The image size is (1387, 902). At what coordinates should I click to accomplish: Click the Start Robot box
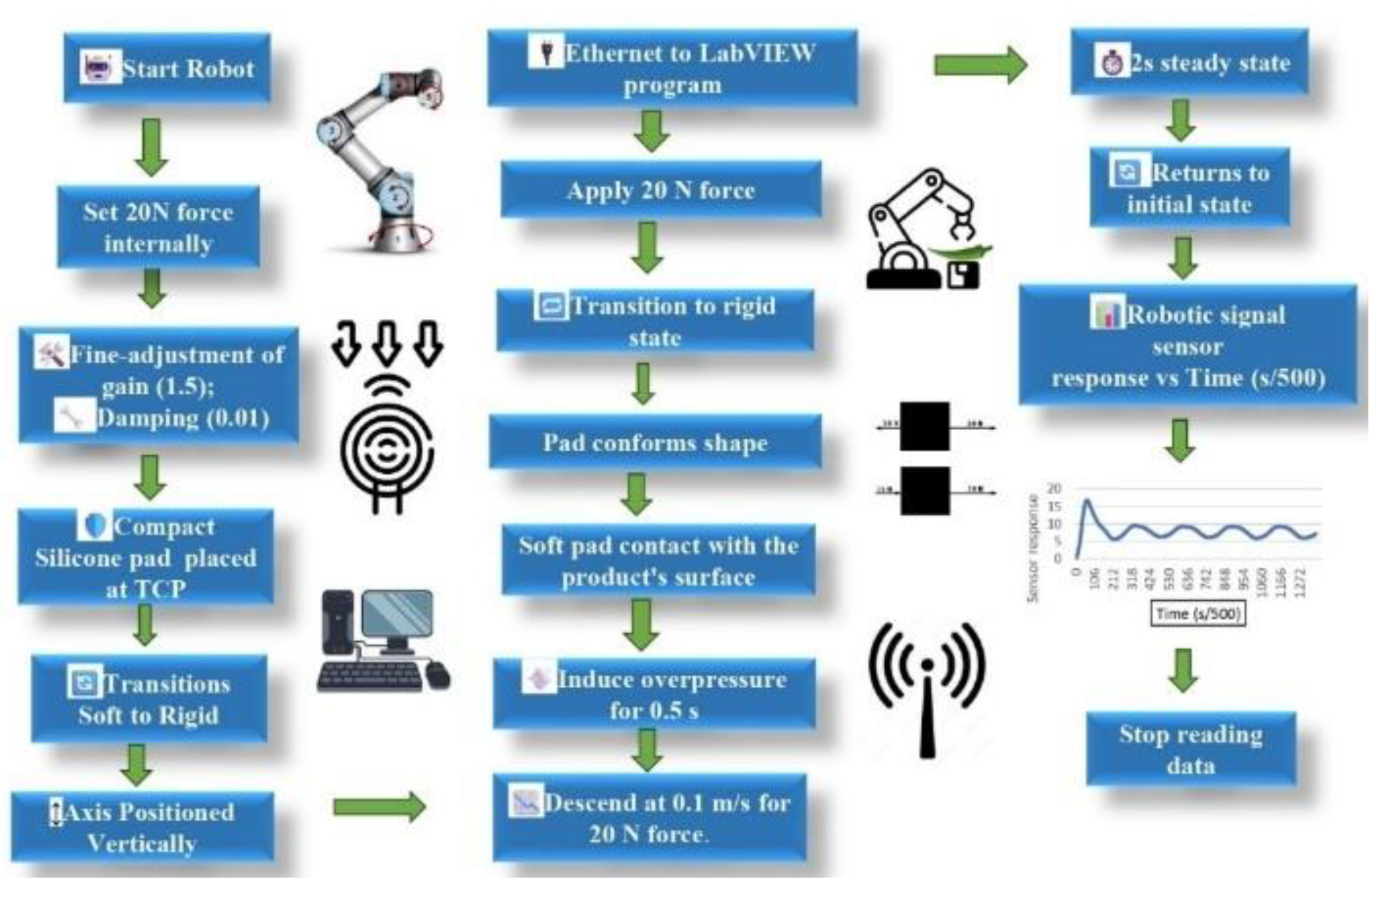[x=167, y=68]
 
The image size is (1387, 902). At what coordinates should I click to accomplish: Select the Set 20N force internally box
[x=158, y=227]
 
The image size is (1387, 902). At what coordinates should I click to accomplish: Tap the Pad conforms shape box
[x=655, y=442]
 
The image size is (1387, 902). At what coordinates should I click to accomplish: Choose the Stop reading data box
[x=1190, y=749]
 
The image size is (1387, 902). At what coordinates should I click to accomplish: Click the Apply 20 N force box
[x=661, y=190]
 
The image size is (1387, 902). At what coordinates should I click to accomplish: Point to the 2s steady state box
[x=1190, y=62]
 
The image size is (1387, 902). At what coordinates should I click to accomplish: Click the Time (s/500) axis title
[x=1197, y=614]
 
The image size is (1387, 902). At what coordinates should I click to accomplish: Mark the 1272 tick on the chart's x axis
[x=1300, y=582]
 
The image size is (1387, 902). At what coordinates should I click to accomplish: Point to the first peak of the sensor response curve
[x=1088, y=500]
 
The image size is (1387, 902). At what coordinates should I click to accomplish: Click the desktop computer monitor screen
[x=397, y=614]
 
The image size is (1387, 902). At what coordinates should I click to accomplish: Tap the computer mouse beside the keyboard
[x=437, y=675]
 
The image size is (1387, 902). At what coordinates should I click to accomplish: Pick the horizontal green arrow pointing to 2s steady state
[x=980, y=65]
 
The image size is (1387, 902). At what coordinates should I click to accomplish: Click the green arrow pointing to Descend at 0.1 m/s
[x=379, y=807]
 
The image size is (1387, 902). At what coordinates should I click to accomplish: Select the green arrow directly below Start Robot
[x=151, y=147]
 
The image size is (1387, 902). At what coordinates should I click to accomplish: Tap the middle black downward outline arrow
[x=387, y=343]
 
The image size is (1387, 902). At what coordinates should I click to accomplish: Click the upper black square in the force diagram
[x=925, y=427]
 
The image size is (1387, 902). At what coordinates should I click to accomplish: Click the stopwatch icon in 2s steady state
[x=1112, y=63]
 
